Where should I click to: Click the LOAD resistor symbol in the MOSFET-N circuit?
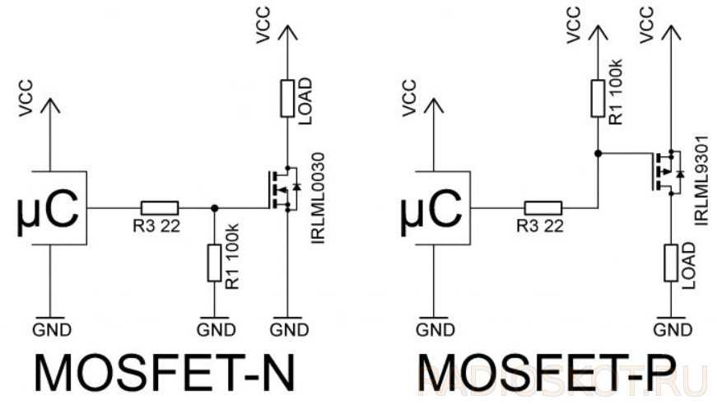[x=287, y=98]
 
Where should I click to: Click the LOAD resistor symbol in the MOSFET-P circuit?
[x=670, y=266]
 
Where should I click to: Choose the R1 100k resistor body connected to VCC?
[x=598, y=97]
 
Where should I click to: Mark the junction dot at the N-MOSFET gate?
[x=214, y=207]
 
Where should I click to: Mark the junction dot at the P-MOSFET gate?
[x=598, y=153]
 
